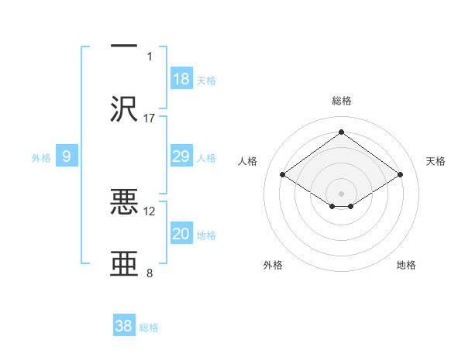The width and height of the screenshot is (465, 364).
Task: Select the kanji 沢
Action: click(124, 108)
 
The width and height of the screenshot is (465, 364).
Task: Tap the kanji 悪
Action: click(124, 203)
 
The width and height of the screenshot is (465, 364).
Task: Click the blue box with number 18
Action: click(181, 79)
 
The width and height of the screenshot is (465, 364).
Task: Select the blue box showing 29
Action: click(181, 157)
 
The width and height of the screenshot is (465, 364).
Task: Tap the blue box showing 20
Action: click(181, 235)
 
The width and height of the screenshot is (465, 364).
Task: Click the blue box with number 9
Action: click(67, 157)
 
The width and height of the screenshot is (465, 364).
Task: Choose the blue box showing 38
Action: click(124, 326)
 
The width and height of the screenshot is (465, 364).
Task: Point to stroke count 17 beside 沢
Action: click(150, 118)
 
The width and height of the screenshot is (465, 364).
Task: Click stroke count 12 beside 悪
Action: click(150, 211)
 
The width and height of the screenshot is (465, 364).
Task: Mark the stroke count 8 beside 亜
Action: click(150, 273)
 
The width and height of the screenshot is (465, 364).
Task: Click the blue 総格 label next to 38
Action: click(149, 328)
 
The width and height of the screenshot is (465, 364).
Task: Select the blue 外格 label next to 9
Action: click(41, 158)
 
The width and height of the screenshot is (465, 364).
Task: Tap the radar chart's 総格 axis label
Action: click(341, 101)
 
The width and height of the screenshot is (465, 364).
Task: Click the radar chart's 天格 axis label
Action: click(436, 161)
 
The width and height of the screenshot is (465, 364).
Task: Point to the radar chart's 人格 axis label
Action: click(247, 161)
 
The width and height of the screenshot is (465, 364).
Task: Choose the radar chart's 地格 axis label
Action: click(406, 265)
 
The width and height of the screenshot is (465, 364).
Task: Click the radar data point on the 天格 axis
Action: click(400, 175)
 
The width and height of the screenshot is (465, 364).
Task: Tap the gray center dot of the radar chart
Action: click(341, 193)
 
